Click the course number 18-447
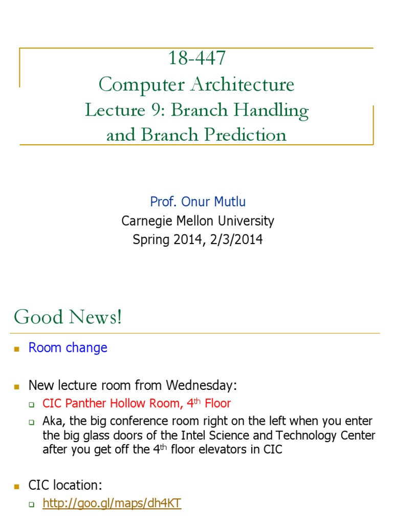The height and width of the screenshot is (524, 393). (196, 58)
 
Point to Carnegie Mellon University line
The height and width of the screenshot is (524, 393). (198, 221)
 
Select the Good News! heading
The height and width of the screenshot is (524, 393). (68, 317)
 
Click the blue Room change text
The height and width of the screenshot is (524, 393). (68, 347)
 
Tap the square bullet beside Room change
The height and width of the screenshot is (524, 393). (17, 348)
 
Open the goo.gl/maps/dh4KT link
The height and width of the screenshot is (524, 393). (112, 504)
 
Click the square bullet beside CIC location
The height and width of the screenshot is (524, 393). (17, 486)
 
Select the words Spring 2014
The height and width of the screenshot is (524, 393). (163, 239)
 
